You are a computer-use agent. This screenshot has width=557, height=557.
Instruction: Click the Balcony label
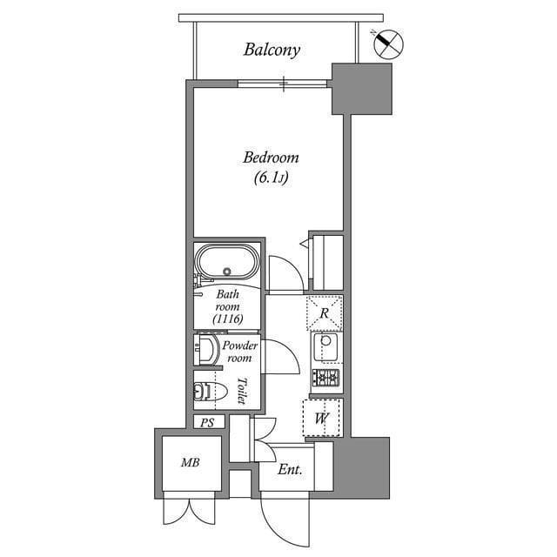(272, 50)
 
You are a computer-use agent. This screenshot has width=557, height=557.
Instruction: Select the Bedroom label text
(271, 158)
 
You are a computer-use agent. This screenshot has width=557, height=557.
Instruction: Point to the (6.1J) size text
(271, 179)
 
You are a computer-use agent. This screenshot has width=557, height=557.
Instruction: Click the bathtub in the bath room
(226, 262)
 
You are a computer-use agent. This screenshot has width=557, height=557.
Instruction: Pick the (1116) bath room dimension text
(227, 320)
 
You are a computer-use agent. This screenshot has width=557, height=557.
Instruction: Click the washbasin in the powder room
(206, 352)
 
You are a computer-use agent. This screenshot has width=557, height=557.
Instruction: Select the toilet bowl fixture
(205, 392)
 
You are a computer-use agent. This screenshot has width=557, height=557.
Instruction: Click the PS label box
(207, 422)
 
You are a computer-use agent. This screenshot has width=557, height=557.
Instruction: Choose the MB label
(191, 463)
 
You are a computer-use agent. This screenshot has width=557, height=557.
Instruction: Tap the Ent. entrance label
(290, 470)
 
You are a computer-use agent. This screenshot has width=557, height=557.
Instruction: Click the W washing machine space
(321, 418)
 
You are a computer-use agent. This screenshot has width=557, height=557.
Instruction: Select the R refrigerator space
(324, 312)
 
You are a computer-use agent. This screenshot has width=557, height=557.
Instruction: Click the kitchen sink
(326, 347)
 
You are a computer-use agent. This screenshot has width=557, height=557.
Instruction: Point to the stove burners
(325, 378)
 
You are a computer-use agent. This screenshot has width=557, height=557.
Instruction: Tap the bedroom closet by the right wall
(327, 260)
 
